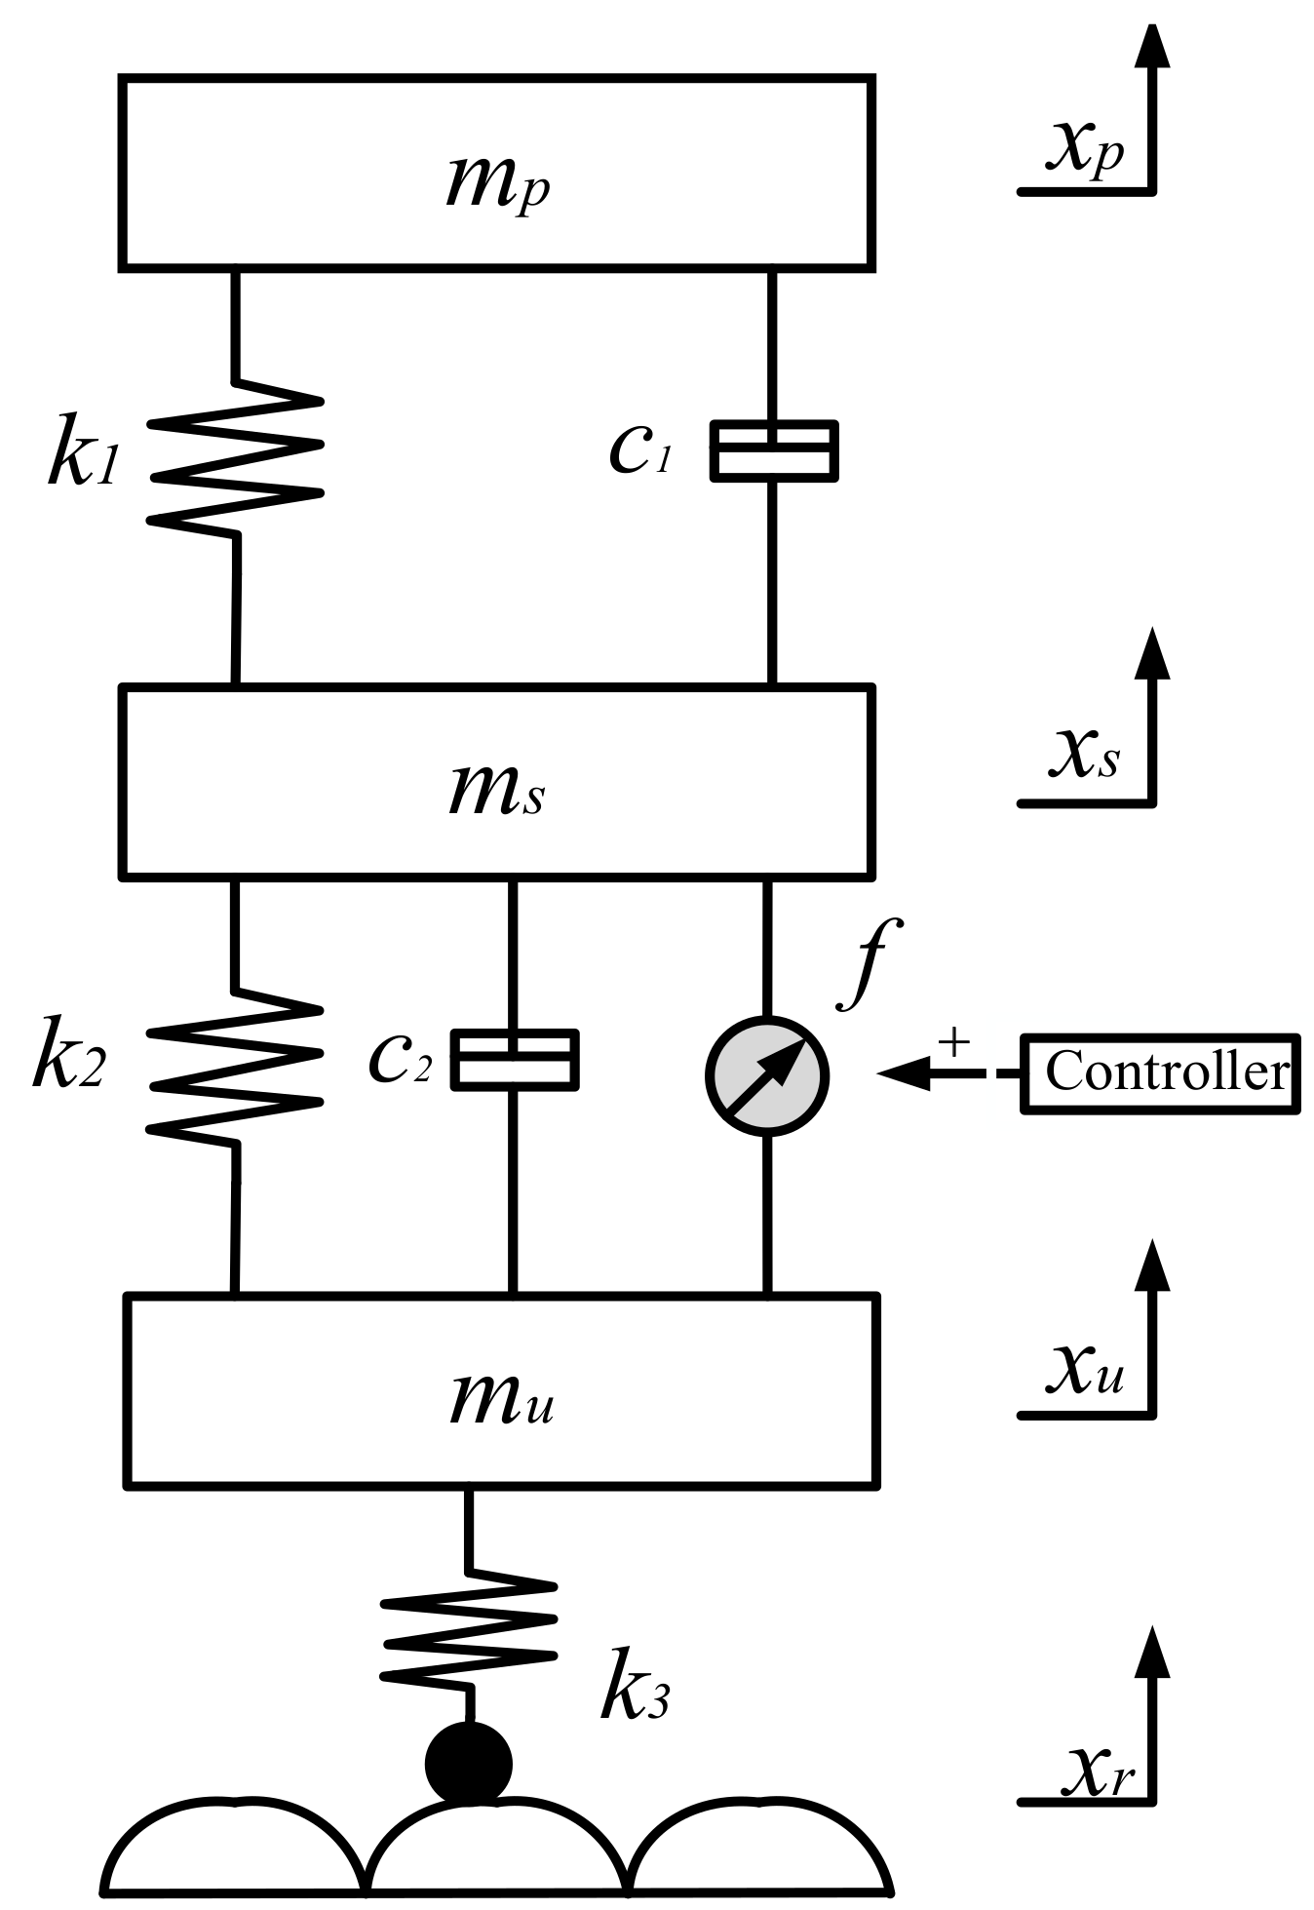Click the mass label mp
tap(497, 182)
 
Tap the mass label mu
tap(501, 1400)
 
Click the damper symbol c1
tap(773, 450)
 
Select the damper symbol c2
tap(515, 1058)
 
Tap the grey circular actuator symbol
tap(767, 1075)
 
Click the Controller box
tap(1159, 1072)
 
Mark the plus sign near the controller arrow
tap(955, 1042)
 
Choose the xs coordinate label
tap(1083, 757)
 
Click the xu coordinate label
tap(1085, 1370)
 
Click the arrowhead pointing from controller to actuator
tap(900, 1073)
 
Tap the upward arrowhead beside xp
tap(1153, 44)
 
